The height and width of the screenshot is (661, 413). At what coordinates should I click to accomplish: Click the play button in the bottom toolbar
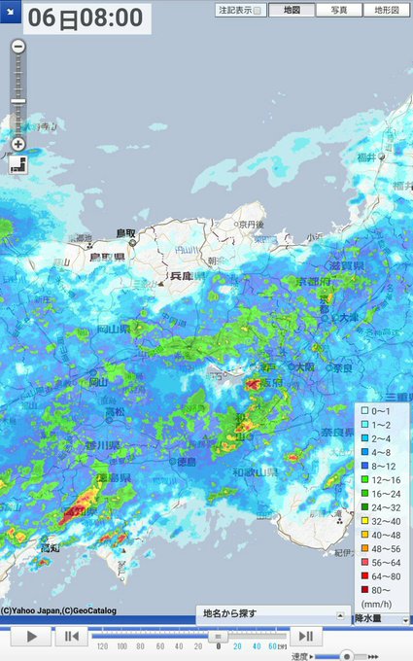32,637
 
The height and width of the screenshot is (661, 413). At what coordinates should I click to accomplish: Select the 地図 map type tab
292,10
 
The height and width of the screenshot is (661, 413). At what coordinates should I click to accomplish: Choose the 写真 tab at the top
339,10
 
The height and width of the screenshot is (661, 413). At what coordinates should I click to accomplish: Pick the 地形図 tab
387,10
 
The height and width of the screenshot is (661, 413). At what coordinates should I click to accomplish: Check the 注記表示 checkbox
258,11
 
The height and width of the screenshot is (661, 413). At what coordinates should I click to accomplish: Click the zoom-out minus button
18,46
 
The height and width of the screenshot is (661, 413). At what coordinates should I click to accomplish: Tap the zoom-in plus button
18,144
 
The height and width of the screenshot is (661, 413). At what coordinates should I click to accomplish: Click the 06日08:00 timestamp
86,17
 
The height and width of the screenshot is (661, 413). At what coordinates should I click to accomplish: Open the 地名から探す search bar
272,614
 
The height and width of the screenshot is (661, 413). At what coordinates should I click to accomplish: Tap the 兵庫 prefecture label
182,276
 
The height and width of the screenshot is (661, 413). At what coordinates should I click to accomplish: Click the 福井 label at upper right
391,157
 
